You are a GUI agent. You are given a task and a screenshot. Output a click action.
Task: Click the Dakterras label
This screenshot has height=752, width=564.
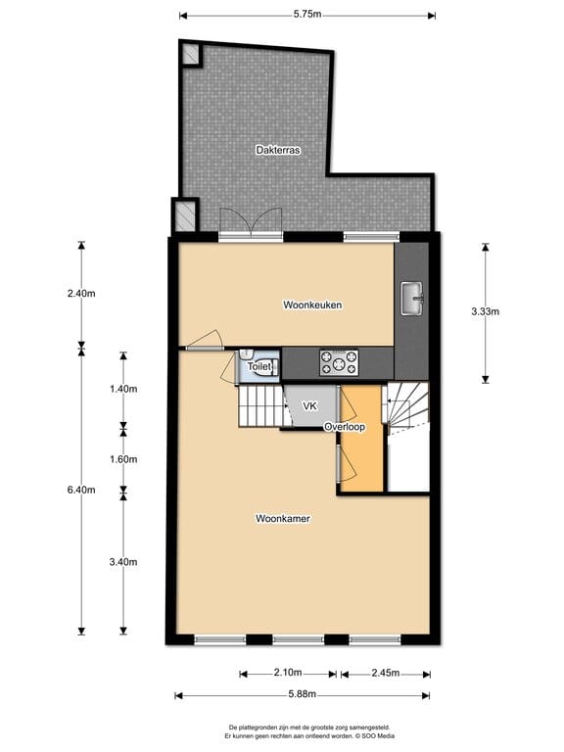click(277, 150)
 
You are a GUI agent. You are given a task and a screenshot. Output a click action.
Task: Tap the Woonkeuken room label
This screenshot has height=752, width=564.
click(311, 305)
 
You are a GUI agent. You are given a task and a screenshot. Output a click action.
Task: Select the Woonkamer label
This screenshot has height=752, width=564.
click(283, 518)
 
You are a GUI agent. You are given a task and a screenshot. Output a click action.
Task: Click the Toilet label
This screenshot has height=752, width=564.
click(258, 366)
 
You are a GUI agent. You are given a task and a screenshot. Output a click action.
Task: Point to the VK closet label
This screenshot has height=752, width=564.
click(309, 405)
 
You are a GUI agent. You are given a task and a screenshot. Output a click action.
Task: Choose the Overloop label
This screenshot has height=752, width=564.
click(345, 427)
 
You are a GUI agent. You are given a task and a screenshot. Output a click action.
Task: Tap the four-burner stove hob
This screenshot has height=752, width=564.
click(339, 363)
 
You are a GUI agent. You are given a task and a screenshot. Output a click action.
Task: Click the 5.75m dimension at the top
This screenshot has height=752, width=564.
click(307, 15)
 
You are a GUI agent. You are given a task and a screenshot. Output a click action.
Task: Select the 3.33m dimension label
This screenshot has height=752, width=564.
click(486, 312)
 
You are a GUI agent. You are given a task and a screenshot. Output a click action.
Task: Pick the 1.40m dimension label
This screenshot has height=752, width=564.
click(123, 389)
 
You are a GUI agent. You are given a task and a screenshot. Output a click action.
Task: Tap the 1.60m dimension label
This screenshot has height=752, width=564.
click(123, 459)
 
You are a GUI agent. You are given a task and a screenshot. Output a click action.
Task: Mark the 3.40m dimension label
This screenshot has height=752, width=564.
click(123, 561)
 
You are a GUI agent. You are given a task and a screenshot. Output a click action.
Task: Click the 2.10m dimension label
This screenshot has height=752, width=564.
click(288, 673)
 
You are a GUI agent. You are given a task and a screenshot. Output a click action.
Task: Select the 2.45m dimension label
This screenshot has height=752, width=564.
click(384, 673)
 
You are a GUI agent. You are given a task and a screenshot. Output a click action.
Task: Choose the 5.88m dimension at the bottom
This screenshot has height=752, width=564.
click(302, 695)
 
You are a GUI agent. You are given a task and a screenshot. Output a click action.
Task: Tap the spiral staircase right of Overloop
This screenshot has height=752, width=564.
click(409, 407)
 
